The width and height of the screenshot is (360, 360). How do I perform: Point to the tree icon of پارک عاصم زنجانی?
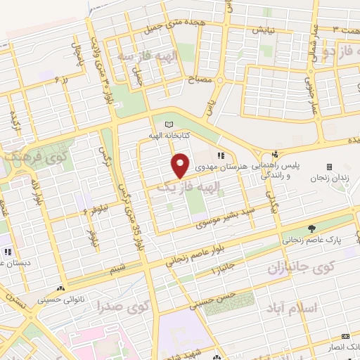[x=311, y=229]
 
